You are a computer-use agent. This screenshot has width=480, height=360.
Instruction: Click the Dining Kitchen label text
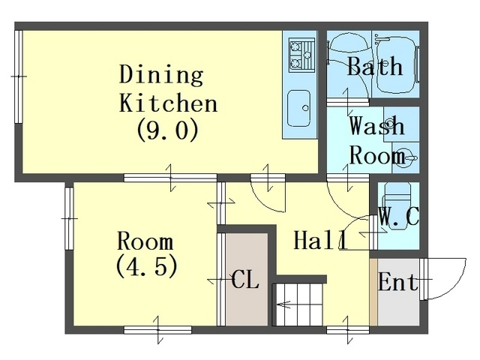pyautogui.click(x=168, y=88)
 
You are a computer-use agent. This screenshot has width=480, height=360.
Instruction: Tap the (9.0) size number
pyautogui.click(x=168, y=129)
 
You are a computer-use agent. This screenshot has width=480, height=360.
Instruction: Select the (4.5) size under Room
pyautogui.click(x=147, y=265)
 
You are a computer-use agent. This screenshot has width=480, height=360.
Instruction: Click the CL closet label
pyautogui.click(x=245, y=279)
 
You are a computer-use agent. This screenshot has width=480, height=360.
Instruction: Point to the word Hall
pyautogui.click(x=320, y=240)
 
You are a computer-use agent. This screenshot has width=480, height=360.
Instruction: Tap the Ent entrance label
pyautogui.click(x=398, y=281)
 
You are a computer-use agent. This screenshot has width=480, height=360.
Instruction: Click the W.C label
pyautogui.click(x=398, y=216)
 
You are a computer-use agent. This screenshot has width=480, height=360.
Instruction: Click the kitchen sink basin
pyautogui.click(x=298, y=108)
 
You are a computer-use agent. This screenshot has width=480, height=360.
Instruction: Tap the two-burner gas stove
pyautogui.click(x=301, y=55)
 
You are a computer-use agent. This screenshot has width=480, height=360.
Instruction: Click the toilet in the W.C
pyautogui.click(x=397, y=205)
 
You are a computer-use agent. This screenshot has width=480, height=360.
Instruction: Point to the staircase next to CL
pyautogui.click(x=298, y=304)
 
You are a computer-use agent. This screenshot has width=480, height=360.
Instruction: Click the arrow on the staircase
pyautogui.click(x=283, y=304)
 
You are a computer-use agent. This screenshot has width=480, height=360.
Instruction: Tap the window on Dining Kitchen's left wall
pyautogui.click(x=19, y=76)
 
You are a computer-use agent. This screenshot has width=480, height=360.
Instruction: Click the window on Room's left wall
pyautogui.click(x=69, y=218)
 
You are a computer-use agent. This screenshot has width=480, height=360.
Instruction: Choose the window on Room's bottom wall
pyautogui.click(x=157, y=330)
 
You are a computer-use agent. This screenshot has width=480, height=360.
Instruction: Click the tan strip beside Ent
pyautogui.click(x=373, y=292)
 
